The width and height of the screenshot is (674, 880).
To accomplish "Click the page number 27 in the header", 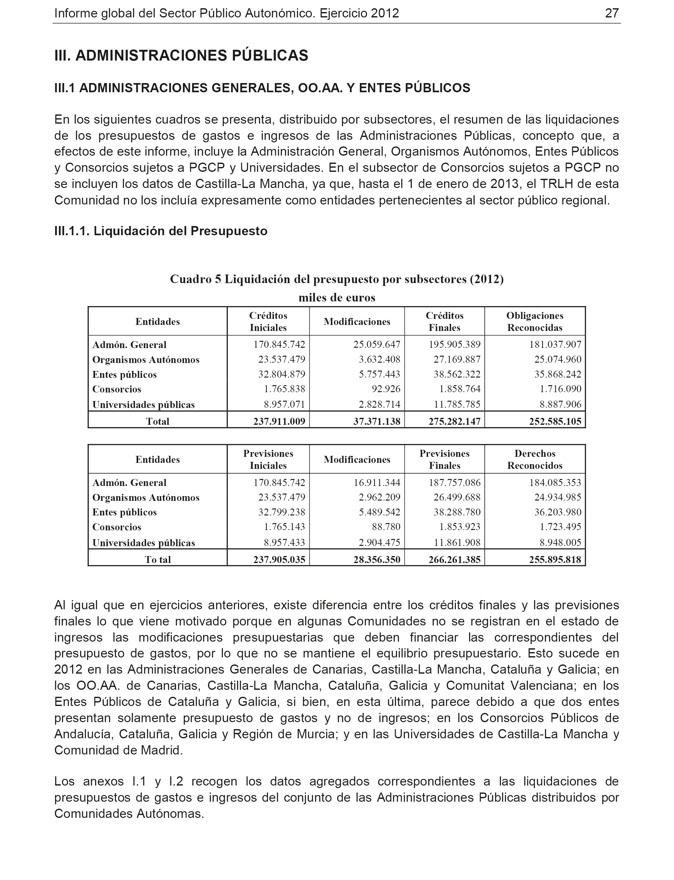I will click(612, 13).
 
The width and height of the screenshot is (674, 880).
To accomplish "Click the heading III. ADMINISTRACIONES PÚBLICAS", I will click(181, 55).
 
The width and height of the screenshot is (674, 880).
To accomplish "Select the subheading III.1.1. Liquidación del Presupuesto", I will click(160, 231).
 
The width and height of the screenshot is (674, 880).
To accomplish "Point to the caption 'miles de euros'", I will click(337, 298).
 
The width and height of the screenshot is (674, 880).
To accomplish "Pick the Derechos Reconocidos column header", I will click(535, 460).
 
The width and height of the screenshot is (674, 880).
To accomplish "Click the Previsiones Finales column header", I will click(444, 460).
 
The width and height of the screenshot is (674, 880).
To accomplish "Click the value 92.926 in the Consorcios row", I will click(385, 389).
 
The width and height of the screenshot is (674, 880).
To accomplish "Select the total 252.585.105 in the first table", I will click(555, 422).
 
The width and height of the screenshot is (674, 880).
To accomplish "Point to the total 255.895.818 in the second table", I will click(555, 560).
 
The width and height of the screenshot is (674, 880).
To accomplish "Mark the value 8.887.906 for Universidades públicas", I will click(560, 404).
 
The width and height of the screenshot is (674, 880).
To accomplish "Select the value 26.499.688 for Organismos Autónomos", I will click(457, 497).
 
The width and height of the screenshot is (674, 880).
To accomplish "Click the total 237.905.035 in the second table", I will click(279, 560).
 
